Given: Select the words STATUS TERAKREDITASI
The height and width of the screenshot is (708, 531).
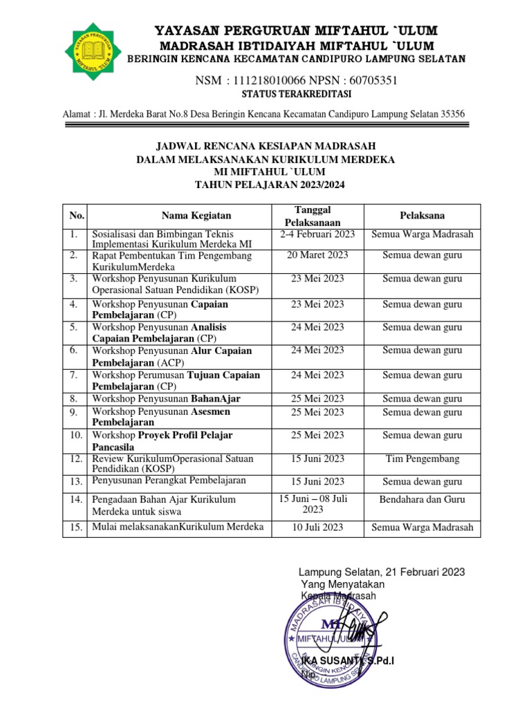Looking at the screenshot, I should coord(297,94).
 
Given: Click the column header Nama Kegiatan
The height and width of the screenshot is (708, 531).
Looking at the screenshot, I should coord(196,216).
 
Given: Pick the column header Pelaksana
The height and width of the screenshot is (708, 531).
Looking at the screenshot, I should coord(422,215).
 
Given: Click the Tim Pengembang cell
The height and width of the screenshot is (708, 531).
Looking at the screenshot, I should coord(422,459).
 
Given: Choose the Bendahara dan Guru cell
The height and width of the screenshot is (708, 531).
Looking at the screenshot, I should coord(422,499).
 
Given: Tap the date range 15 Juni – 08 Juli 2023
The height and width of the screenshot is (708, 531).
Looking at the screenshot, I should coord(313,504).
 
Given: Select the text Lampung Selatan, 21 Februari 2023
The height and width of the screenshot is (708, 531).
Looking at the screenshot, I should coord(381,572).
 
